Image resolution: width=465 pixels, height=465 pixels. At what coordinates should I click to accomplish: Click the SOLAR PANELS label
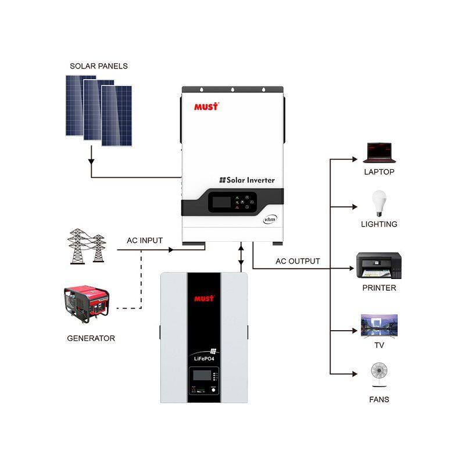pos(99,66)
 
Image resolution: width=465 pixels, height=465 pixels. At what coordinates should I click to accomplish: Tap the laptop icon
pos(380,153)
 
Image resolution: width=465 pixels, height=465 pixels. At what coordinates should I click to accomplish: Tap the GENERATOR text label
pos(91,338)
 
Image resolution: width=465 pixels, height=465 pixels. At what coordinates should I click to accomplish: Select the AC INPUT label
pos(145,240)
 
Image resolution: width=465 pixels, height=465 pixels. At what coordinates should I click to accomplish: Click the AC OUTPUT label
pos(298,261)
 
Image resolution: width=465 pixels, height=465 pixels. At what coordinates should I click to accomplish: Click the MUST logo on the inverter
pos(206,106)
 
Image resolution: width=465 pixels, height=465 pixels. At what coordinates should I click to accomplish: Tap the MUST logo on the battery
pos(203,299)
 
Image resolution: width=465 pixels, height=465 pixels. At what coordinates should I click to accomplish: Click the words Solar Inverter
pos(246,180)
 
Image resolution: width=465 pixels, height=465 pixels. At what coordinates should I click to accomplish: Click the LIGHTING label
pos(379,224)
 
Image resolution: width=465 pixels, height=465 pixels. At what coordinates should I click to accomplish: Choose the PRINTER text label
pos(379,288)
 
